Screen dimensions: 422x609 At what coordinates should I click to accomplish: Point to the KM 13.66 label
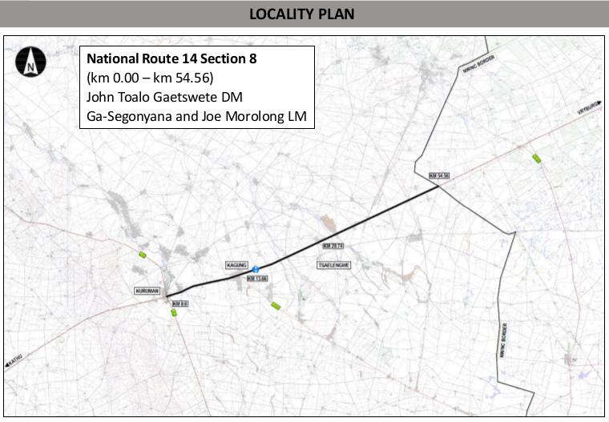[256, 278]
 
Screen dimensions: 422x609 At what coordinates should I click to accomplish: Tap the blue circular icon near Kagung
[255, 269]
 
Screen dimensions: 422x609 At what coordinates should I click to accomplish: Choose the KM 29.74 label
[333, 245]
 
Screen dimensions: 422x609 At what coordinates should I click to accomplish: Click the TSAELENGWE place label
[335, 263]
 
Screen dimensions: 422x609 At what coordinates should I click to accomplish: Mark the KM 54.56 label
[440, 175]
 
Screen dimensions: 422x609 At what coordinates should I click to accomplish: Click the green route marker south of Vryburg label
[537, 159]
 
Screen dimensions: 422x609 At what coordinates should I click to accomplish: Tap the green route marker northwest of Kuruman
[143, 255]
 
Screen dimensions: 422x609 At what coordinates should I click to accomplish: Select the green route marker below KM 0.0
[173, 313]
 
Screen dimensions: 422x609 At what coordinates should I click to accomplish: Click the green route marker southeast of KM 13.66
[276, 305]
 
